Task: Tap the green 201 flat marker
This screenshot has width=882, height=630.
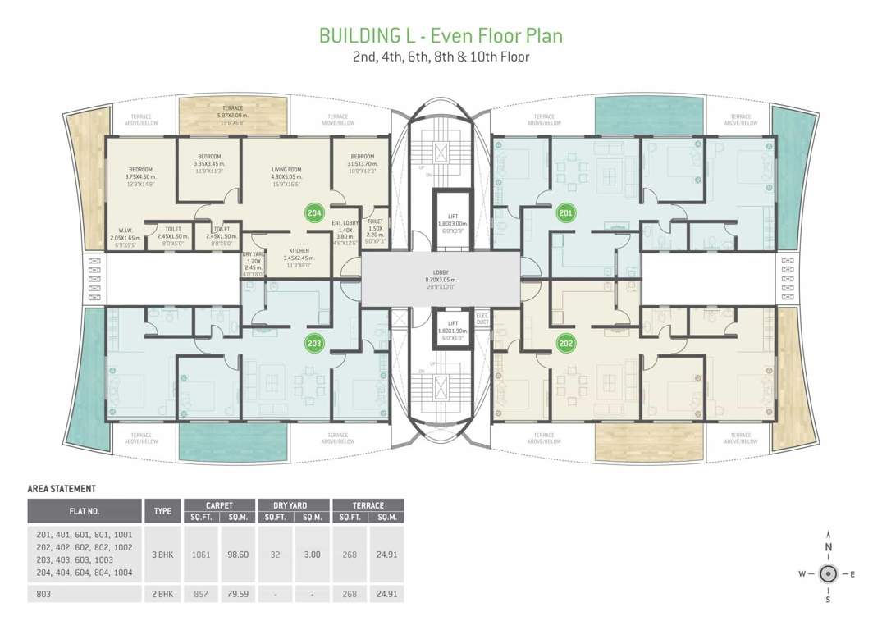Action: tap(564, 212)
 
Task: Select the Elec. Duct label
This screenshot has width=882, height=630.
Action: tap(482, 319)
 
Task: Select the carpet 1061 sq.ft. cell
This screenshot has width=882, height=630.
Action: tap(201, 555)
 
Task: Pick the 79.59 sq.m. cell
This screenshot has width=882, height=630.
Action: tap(238, 593)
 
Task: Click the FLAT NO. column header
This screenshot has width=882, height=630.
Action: tap(85, 511)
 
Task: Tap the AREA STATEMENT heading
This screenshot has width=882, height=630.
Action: tap(62, 489)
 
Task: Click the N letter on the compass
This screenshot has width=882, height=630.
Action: tap(829, 548)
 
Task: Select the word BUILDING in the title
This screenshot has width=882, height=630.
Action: tap(356, 36)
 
